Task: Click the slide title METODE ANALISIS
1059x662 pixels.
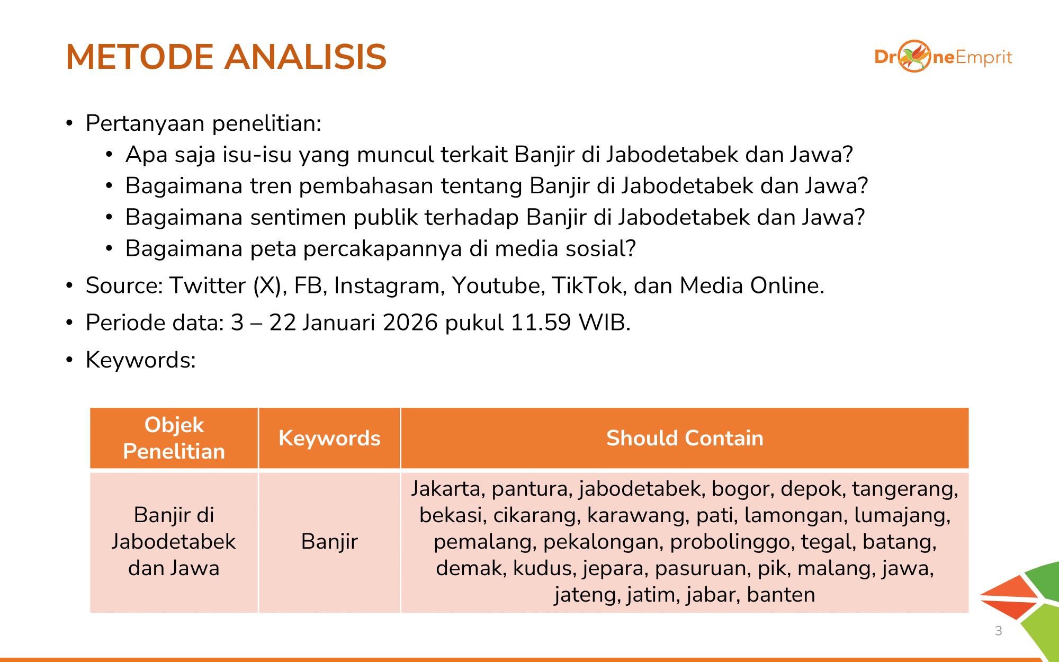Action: [226, 57]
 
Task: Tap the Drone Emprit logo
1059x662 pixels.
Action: [943, 56]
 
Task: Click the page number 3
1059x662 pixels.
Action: [998, 630]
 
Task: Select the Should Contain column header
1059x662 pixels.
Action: [685, 438]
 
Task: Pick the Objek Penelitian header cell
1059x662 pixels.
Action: [174, 438]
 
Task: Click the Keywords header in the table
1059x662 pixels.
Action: [329, 438]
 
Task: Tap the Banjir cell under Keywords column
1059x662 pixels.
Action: [329, 541]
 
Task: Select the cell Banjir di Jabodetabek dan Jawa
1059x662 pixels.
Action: [174, 541]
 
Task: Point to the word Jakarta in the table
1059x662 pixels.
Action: [445, 488]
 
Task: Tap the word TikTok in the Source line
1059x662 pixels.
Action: [586, 285]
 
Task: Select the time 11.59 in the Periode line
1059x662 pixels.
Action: [540, 323]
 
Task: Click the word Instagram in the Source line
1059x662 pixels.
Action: [387, 286]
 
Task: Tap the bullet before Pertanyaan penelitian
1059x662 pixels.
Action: [69, 123]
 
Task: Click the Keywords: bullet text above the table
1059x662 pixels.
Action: [141, 360]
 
